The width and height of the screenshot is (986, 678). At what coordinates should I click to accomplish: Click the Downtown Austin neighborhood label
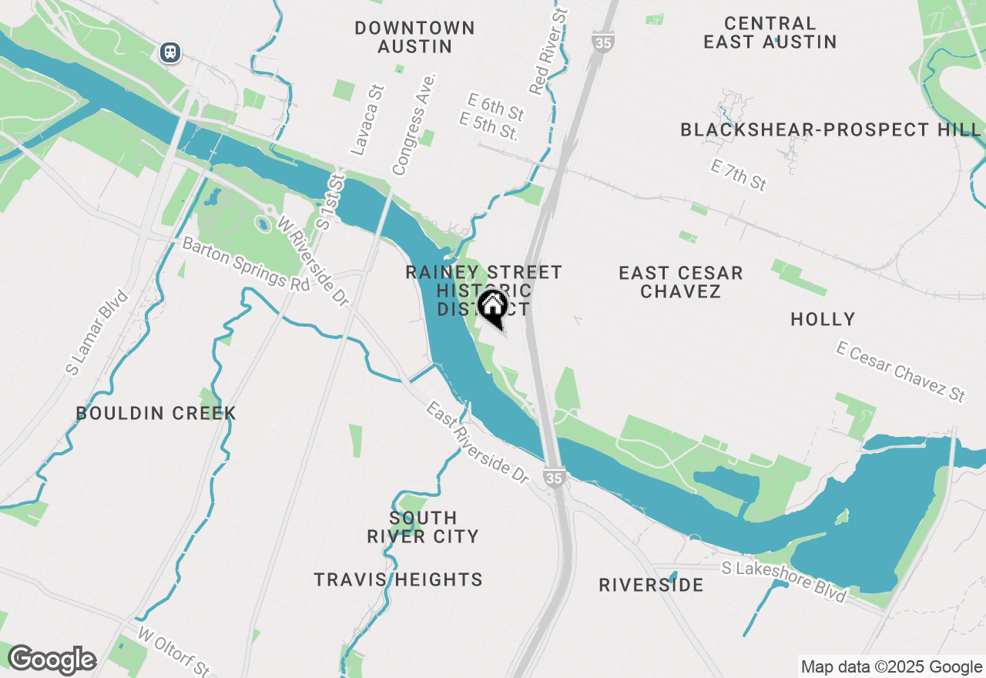(414, 37)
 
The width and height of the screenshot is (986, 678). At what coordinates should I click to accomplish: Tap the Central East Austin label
(770, 32)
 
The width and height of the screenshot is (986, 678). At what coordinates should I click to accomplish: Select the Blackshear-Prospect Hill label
(830, 129)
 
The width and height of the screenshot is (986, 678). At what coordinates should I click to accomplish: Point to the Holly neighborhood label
(823, 319)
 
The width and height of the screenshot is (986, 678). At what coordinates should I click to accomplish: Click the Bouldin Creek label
(156, 413)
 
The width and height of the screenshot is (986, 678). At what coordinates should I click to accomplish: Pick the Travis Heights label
(398, 579)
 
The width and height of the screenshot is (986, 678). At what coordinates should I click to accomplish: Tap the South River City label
(423, 527)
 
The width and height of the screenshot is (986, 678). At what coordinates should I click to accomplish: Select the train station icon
(170, 52)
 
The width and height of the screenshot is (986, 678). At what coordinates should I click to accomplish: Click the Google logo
(52, 660)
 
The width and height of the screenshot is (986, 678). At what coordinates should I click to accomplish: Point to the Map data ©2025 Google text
(891, 667)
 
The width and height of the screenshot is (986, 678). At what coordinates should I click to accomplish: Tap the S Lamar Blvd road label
(97, 333)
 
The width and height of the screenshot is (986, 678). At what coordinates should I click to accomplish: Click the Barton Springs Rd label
(246, 263)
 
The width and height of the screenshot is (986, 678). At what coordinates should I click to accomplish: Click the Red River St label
(548, 48)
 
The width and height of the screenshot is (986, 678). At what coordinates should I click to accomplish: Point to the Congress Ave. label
(414, 123)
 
